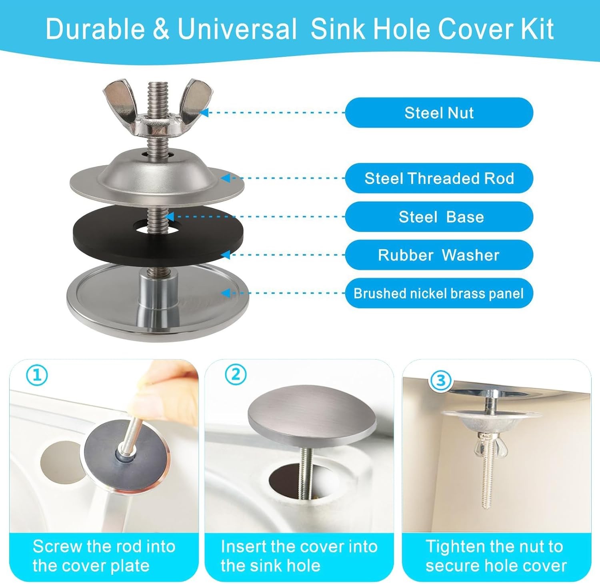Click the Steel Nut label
tap(439, 113)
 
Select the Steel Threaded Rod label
tap(439, 178)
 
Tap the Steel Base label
tap(439, 217)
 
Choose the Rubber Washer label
tap(439, 255)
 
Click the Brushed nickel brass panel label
tap(439, 293)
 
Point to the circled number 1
tap(37, 375)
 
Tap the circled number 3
tap(441, 380)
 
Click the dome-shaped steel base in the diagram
tap(157, 176)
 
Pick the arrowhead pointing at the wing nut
tap(204, 113)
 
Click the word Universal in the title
tap(237, 29)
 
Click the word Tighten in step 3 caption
tap(453, 547)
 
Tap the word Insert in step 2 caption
tap(243, 546)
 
